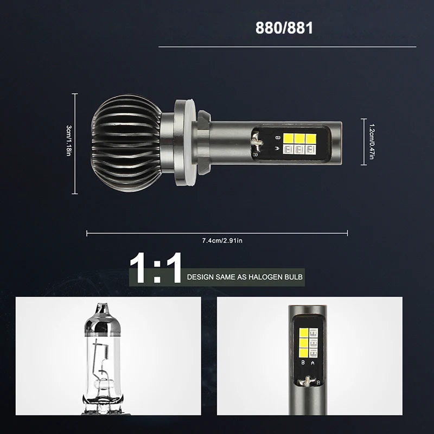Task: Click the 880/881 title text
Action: point(284,28)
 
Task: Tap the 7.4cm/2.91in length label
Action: point(222,240)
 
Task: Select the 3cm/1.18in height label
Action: point(69,141)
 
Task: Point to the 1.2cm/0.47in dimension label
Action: point(372,142)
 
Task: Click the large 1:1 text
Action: point(156,267)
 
